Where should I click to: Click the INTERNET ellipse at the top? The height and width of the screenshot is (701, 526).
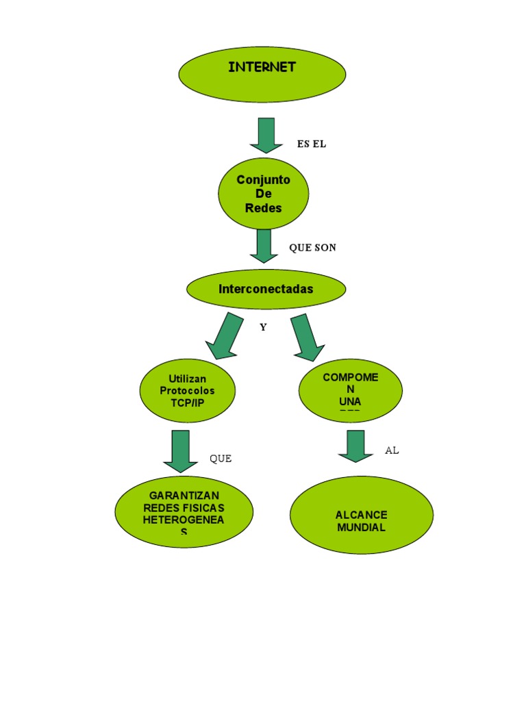pyautogui.click(x=262, y=74)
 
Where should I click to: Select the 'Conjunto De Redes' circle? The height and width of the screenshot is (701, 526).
pyautogui.click(x=264, y=194)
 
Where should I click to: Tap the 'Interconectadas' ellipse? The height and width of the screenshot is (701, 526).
pyautogui.click(x=266, y=289)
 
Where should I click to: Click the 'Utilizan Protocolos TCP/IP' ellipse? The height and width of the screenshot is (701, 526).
pyautogui.click(x=188, y=391)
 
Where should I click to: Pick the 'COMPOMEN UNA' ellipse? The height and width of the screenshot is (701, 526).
pyautogui.click(x=351, y=390)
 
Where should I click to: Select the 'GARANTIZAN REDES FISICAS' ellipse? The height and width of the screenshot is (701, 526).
pyautogui.click(x=184, y=511)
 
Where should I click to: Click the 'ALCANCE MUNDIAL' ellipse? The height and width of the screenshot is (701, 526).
pyautogui.click(x=362, y=515)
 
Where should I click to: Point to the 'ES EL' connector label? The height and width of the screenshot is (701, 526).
pyautogui.click(x=312, y=144)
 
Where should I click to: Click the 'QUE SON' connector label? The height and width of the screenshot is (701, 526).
pyautogui.click(x=312, y=248)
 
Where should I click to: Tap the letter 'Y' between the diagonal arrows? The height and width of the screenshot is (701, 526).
pyautogui.click(x=263, y=327)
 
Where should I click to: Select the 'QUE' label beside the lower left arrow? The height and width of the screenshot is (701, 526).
pyautogui.click(x=221, y=459)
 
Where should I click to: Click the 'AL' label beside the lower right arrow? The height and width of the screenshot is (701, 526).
pyautogui.click(x=392, y=450)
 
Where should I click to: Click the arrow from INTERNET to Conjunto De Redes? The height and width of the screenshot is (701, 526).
pyautogui.click(x=266, y=135)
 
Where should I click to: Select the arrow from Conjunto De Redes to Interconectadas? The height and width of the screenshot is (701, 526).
pyautogui.click(x=264, y=246)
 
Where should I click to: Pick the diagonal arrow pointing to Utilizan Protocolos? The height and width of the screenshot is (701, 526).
pyautogui.click(x=224, y=336)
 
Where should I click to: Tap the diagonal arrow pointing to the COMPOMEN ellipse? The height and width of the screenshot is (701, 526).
pyautogui.click(x=307, y=337)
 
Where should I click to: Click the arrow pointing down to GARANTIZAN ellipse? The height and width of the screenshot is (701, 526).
pyautogui.click(x=181, y=450)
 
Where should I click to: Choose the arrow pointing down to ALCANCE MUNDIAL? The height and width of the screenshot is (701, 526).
pyautogui.click(x=356, y=446)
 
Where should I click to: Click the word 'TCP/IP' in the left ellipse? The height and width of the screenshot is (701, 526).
pyautogui.click(x=188, y=403)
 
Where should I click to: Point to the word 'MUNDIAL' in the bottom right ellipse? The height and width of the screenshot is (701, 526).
pyautogui.click(x=362, y=528)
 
